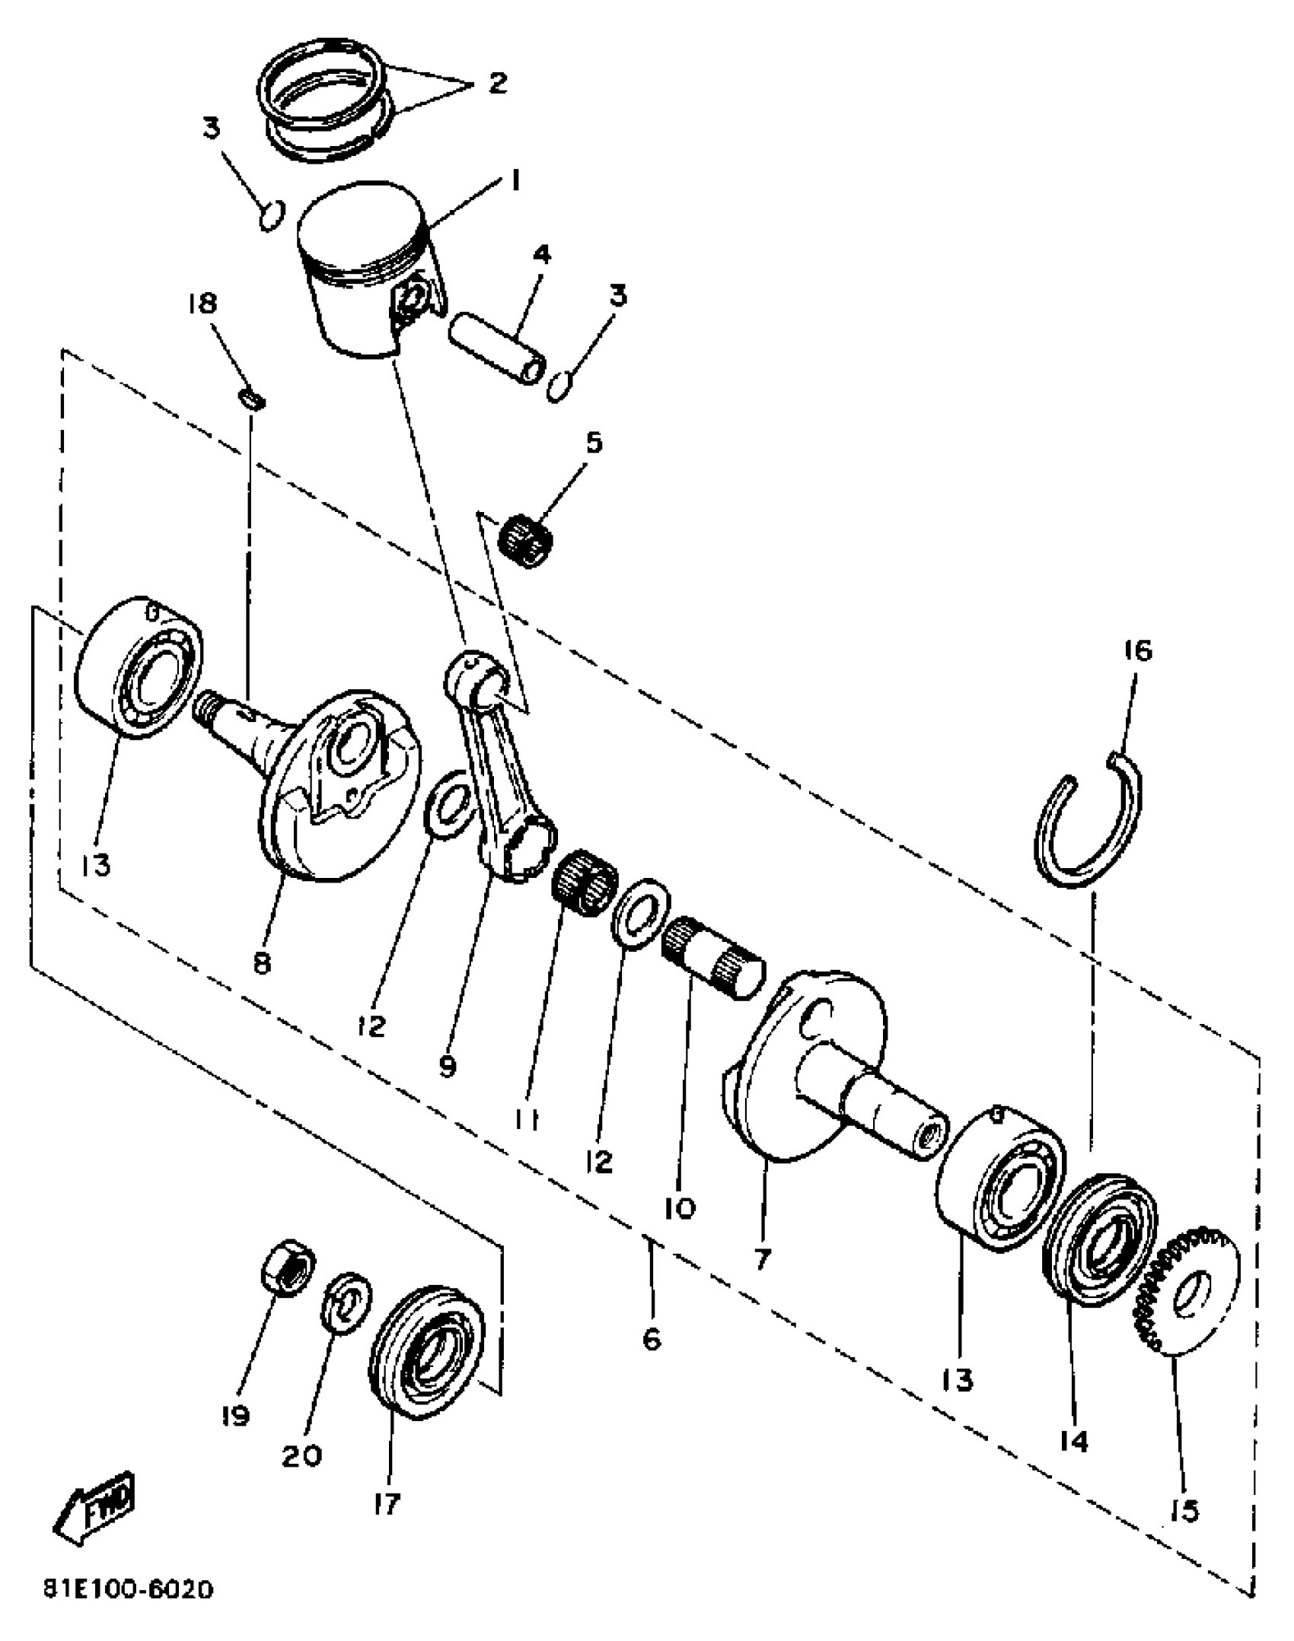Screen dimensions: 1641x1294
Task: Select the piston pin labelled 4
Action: [x=496, y=348]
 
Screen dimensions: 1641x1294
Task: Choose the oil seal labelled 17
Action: [x=425, y=1350]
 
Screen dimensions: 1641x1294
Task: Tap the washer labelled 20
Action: [x=347, y=1302]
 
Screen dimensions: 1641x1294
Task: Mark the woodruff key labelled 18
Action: [x=252, y=399]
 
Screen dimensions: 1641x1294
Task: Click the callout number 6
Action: [x=652, y=1340]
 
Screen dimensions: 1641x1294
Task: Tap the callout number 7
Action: [x=762, y=1259]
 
